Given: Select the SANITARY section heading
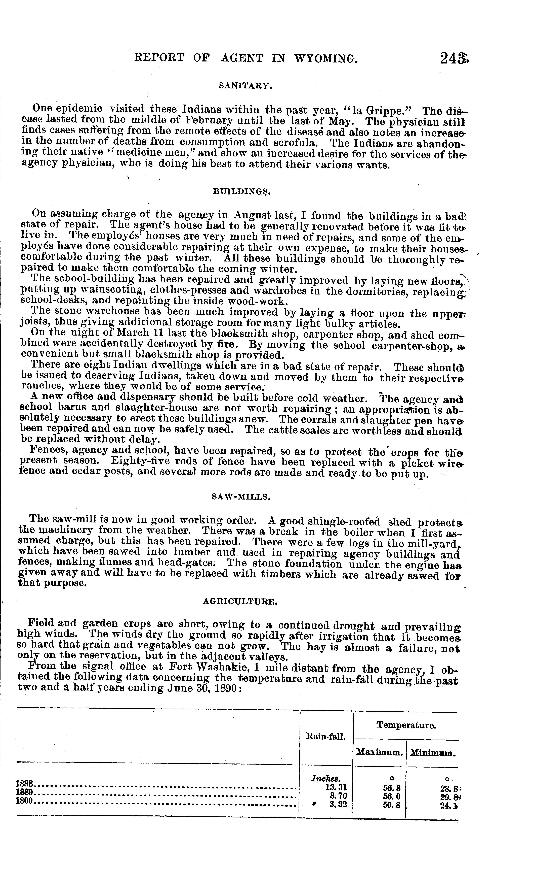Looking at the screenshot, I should [x=245, y=86].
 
